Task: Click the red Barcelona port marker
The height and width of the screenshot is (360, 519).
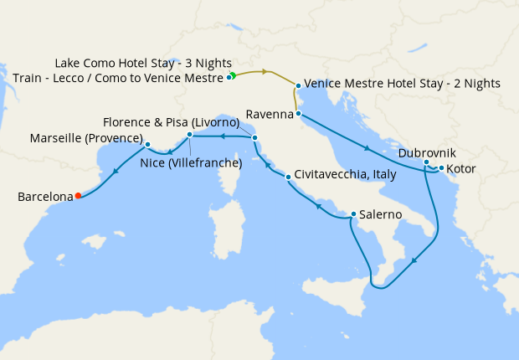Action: (78, 196)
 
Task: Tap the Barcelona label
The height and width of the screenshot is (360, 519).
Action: (43, 198)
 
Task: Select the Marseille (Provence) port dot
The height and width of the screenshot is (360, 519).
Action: (147, 144)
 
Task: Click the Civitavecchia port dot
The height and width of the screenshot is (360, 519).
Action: (288, 177)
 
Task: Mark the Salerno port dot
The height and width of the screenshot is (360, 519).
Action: (353, 213)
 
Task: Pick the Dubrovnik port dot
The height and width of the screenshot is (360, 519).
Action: (426, 162)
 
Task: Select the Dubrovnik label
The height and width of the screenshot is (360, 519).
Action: (427, 153)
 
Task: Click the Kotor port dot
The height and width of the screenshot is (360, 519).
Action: (441, 168)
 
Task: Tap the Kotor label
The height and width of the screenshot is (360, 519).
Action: (461, 169)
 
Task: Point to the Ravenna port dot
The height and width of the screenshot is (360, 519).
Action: (298, 112)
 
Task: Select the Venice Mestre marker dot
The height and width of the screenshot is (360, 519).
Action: (298, 85)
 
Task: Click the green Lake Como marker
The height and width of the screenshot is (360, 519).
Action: (233, 75)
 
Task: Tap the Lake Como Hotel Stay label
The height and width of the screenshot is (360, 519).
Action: (143, 64)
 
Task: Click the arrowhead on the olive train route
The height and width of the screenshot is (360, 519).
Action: (265, 72)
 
